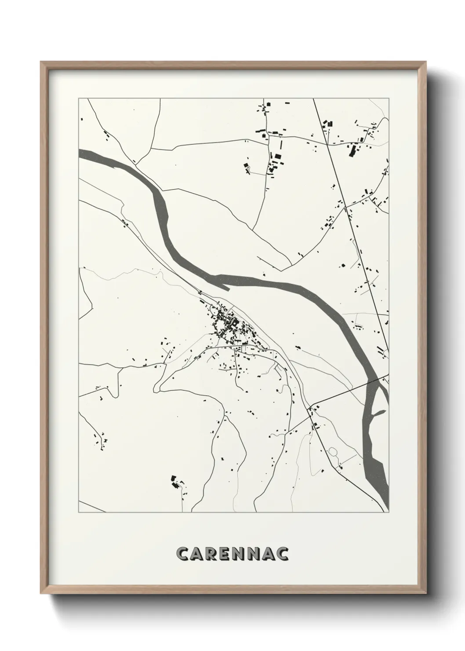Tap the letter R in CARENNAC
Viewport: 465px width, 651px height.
coord(214,554)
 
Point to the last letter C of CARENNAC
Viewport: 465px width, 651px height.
coord(282,554)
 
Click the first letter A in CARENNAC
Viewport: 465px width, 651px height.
coord(199,554)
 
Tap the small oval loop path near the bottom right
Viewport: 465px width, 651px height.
coord(333,452)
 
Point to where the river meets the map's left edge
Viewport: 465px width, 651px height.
coord(80,153)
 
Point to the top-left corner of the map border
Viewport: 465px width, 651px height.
coord(79,99)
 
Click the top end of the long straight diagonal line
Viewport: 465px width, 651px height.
coord(313,99)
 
